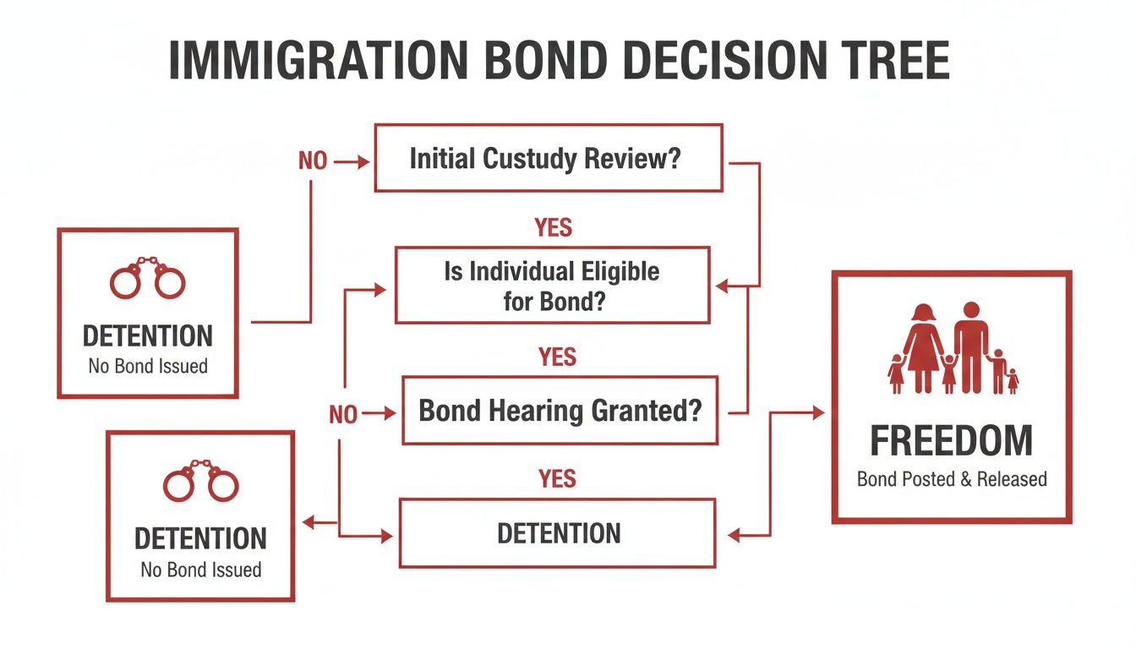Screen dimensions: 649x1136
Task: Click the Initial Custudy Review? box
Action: tap(548, 158)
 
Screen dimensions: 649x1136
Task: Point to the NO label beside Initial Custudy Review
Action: tap(312, 161)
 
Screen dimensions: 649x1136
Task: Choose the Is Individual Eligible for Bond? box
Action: tap(552, 285)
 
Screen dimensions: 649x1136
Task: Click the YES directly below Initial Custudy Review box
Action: tap(554, 227)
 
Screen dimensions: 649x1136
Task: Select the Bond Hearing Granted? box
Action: tap(560, 411)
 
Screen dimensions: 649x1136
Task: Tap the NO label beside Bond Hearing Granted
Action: tap(342, 414)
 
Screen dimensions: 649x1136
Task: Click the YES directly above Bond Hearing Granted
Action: tap(557, 357)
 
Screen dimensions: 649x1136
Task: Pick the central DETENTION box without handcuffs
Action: tap(557, 533)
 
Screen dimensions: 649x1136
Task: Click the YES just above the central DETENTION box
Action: tap(557, 480)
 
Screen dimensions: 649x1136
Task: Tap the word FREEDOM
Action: tap(951, 441)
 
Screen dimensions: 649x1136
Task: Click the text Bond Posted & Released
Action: tap(952, 479)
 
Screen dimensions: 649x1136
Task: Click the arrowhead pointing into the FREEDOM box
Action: tap(817, 412)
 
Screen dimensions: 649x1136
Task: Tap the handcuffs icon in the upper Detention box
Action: tap(148, 278)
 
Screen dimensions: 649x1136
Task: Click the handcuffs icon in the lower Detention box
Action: tap(201, 481)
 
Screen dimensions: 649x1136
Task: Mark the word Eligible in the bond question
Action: tap(619, 272)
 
